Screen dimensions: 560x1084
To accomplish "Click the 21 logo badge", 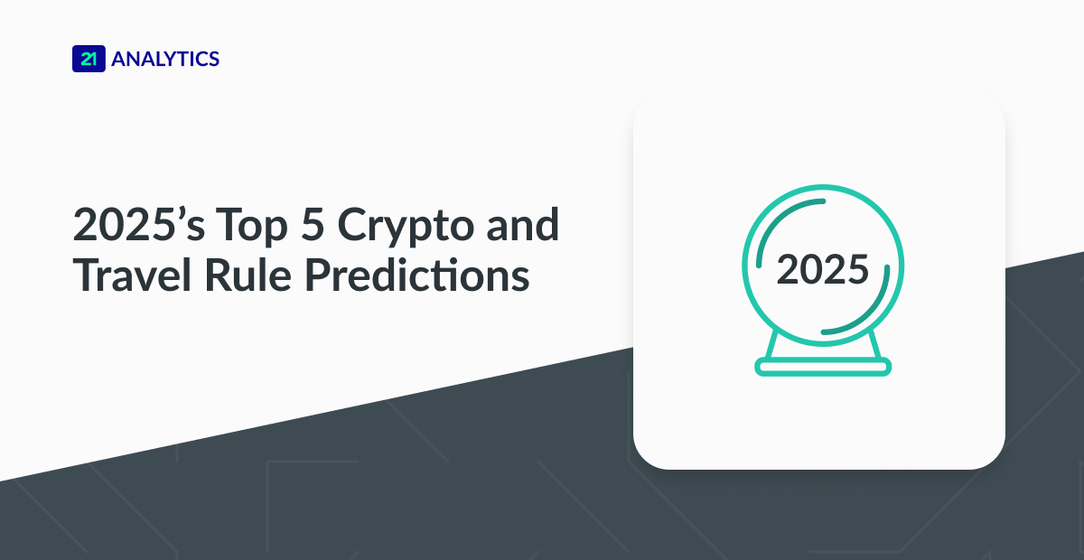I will (89, 60).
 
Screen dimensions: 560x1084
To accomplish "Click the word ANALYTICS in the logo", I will (165, 60).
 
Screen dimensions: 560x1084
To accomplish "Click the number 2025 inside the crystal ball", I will (822, 270).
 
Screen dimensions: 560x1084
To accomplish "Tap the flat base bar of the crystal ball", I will (823, 367).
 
